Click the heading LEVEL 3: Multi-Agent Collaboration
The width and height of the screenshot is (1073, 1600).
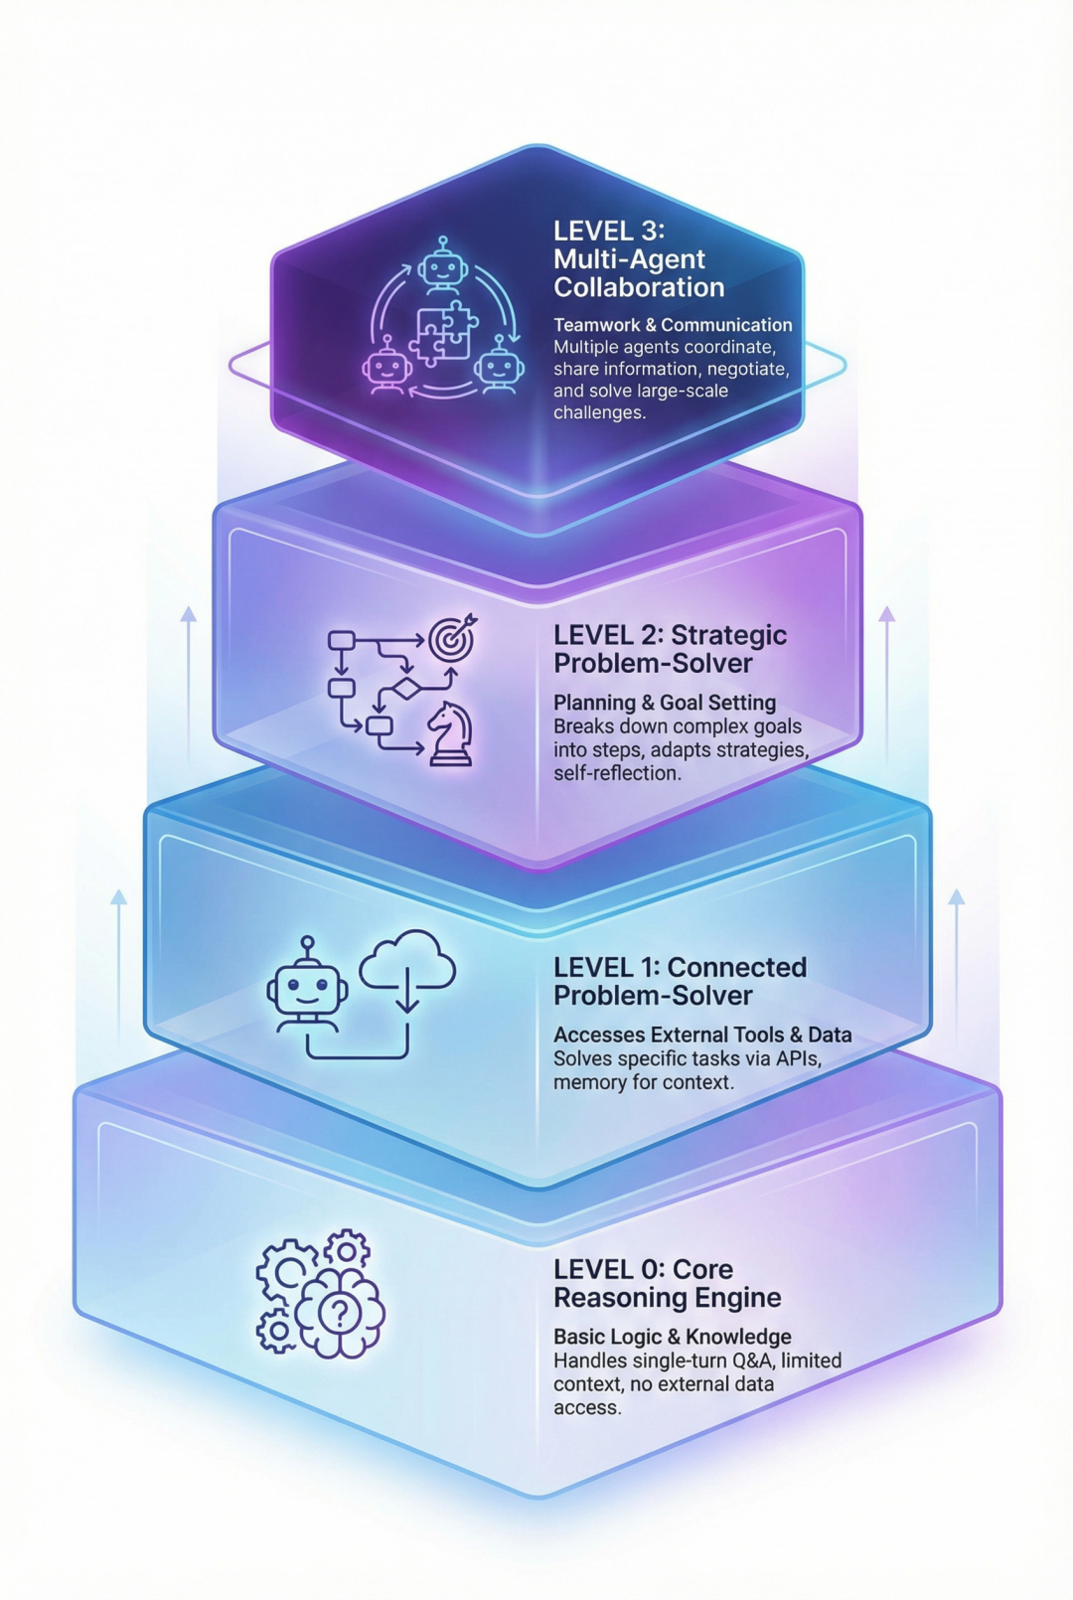click(639, 259)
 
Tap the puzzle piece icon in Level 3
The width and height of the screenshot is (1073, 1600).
click(444, 332)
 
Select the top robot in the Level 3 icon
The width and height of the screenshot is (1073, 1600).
click(442, 263)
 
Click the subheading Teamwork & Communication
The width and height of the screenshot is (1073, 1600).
click(673, 325)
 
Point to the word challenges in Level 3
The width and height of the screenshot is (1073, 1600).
click(599, 412)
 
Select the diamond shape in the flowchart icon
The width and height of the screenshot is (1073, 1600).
click(404, 689)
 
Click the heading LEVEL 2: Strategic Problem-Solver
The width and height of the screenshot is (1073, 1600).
click(670, 649)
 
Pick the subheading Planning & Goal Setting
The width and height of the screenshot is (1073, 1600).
click(665, 703)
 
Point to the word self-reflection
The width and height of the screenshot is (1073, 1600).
click(617, 772)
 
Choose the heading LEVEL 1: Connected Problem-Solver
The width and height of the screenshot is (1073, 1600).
click(680, 981)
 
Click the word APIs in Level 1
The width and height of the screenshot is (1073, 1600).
click(797, 1058)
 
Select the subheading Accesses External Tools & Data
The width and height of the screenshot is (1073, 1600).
click(702, 1035)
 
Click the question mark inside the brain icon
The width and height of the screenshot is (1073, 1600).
click(339, 1314)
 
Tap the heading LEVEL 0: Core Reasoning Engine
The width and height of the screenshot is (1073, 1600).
click(667, 1283)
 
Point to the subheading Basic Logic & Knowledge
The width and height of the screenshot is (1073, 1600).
click(673, 1337)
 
